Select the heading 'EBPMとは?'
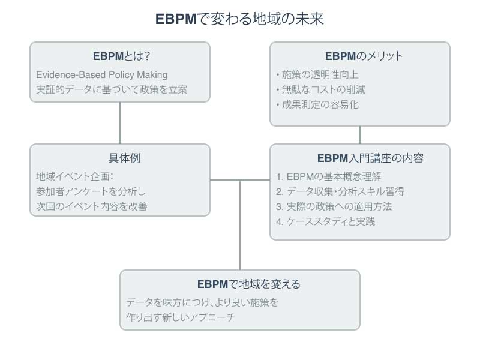click(x=121, y=56)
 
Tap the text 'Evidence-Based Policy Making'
click(x=101, y=74)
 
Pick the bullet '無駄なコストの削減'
click(x=320, y=89)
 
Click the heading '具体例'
click(x=120, y=158)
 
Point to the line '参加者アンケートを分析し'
click(x=91, y=191)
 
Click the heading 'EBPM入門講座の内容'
click(x=370, y=158)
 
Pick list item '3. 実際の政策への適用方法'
click(x=334, y=206)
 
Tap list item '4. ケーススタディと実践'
click(x=326, y=221)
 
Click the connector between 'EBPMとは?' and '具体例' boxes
click(x=120, y=123)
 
